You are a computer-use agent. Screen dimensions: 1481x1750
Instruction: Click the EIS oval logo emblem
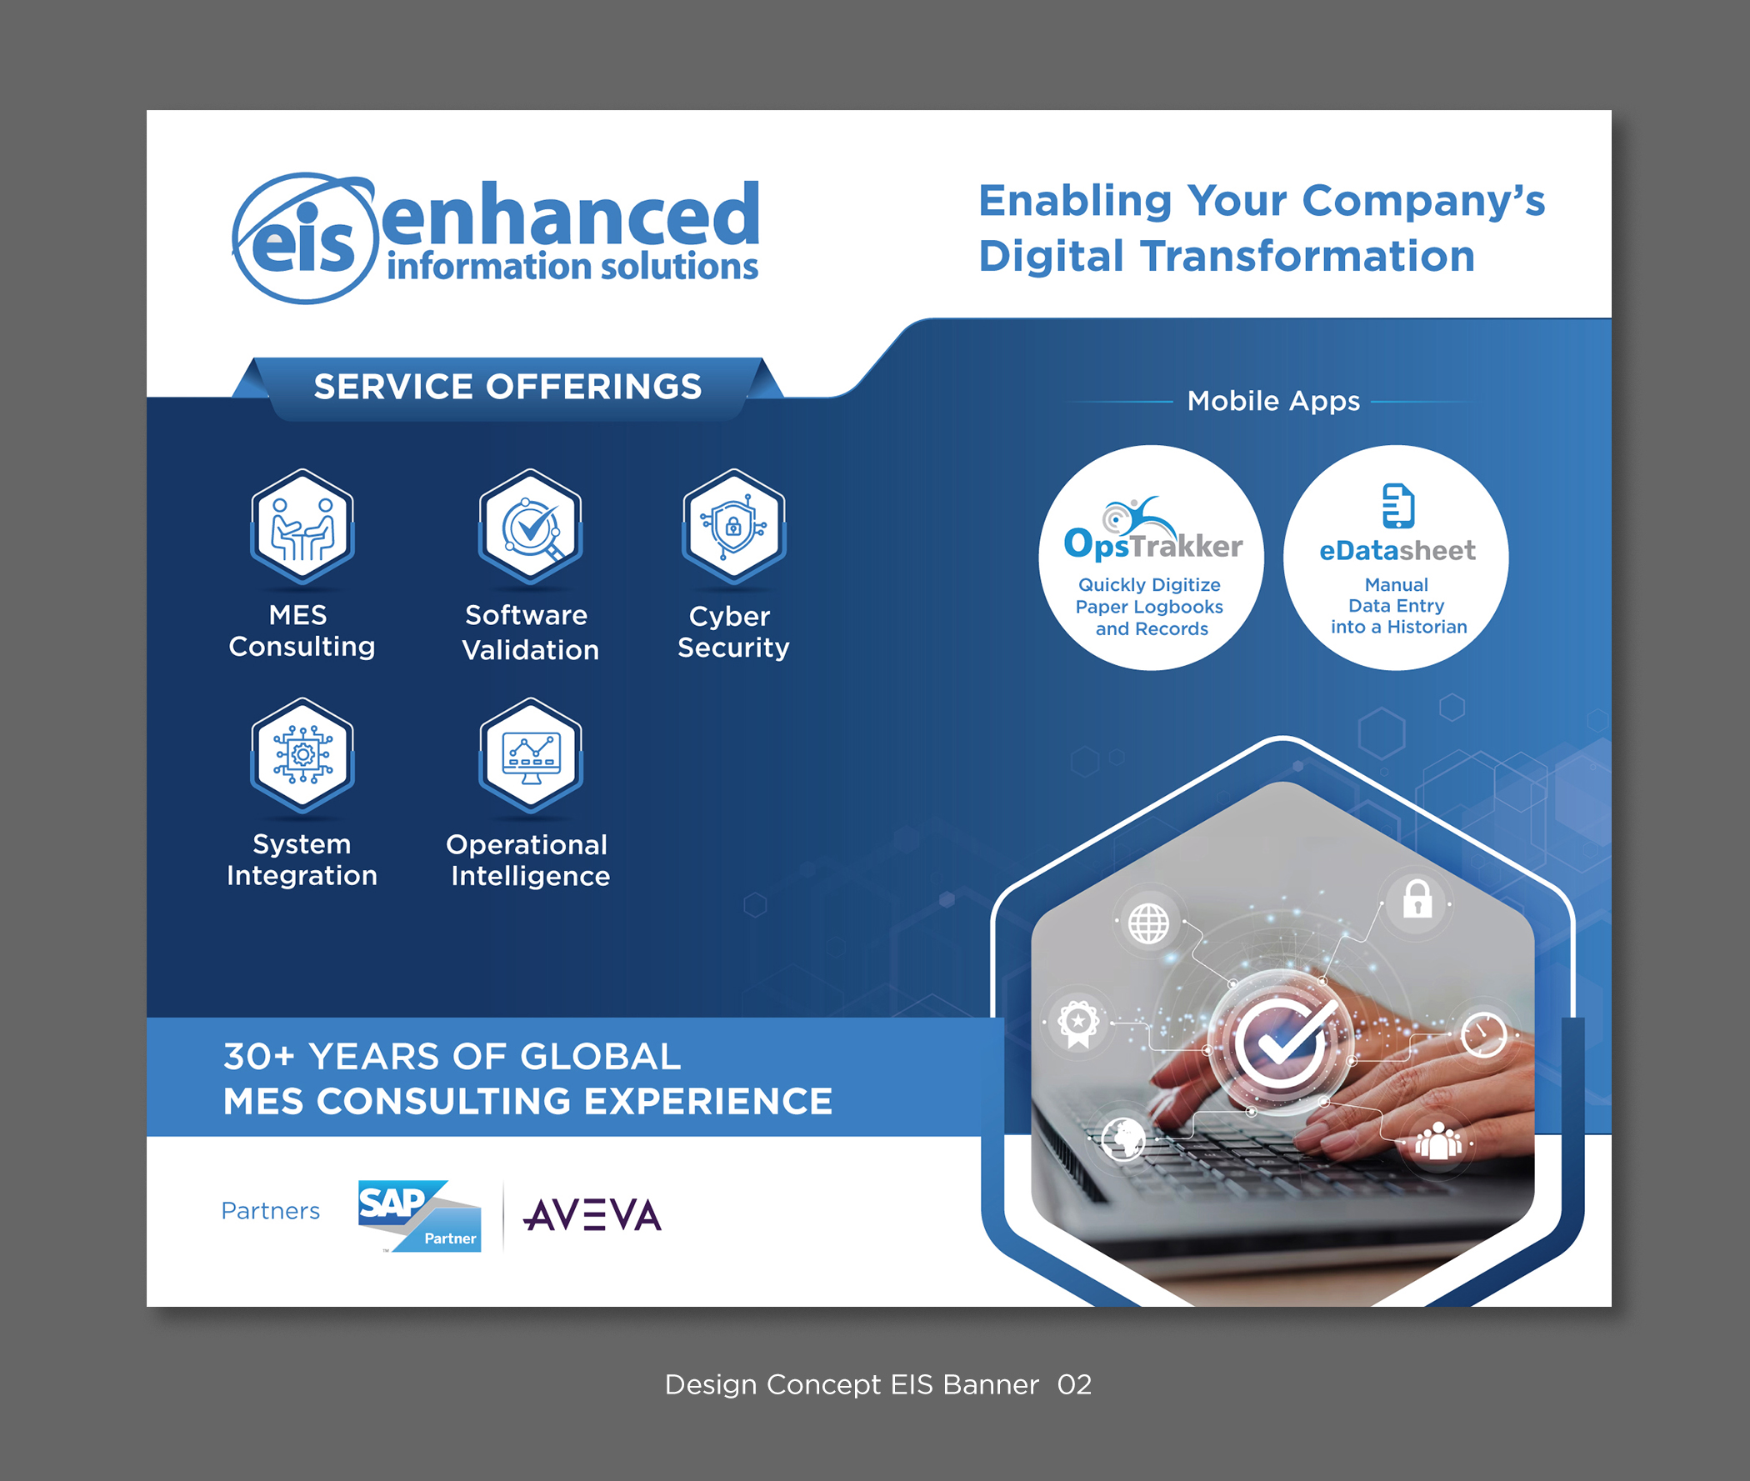click(x=304, y=238)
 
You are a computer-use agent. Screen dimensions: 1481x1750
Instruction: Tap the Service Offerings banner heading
click(x=507, y=387)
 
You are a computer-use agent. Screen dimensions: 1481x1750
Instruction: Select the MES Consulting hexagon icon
click(x=302, y=527)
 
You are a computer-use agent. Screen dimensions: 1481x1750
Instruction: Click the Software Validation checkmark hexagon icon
click(x=531, y=527)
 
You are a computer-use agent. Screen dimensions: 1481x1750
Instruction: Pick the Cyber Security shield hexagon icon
click(x=733, y=527)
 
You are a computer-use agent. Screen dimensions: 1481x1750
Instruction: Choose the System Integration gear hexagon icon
click(x=302, y=755)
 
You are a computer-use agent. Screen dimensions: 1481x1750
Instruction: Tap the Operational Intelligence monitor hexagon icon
click(x=531, y=755)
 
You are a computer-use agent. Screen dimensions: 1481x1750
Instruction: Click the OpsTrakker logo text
click(x=1153, y=545)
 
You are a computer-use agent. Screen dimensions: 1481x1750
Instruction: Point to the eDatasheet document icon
click(x=1398, y=505)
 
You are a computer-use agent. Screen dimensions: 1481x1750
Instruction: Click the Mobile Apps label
click(x=1273, y=402)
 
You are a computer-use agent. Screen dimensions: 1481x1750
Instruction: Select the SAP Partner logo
click(x=420, y=1215)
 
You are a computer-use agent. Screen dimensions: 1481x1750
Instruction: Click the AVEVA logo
click(x=592, y=1215)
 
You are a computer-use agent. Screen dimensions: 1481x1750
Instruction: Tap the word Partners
click(x=270, y=1211)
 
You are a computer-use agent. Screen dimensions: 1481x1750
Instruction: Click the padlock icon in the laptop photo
click(x=1417, y=899)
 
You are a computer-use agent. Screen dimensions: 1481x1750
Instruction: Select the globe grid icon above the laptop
click(x=1148, y=923)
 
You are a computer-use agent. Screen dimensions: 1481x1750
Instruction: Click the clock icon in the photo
click(x=1483, y=1034)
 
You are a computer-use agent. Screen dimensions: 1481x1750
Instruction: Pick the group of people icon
click(x=1438, y=1142)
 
